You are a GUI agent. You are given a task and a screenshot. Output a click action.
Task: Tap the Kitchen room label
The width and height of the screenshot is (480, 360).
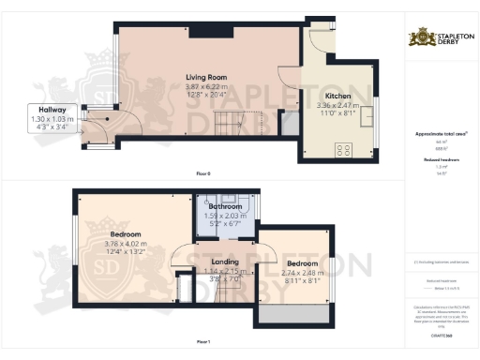click(x=337, y=96)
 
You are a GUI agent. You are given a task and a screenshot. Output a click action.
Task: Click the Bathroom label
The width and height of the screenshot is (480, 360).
click(x=225, y=206)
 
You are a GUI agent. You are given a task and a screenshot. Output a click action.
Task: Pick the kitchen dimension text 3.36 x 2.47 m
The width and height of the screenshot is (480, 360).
click(x=337, y=105)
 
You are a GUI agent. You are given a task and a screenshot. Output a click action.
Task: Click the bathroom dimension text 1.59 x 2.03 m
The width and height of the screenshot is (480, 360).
click(x=225, y=215)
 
